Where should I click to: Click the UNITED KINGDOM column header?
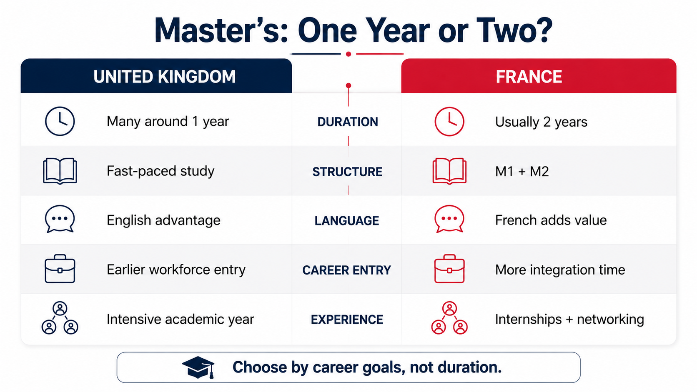tap(164, 77)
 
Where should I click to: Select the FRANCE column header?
tap(529, 77)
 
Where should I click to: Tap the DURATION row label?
tap(348, 122)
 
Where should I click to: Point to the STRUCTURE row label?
tap(347, 172)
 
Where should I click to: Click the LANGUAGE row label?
tap(347, 221)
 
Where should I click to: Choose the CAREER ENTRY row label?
tap(347, 270)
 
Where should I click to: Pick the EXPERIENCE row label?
tap(347, 320)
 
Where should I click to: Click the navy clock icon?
tap(60, 121)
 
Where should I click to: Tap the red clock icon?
tap(449, 122)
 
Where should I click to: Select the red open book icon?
tap(449, 171)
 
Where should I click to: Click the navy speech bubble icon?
tap(60, 219)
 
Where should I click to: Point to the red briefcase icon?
tap(449, 269)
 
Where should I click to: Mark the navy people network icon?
tap(60, 318)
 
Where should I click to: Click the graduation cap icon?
tap(198, 367)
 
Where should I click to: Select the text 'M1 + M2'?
tap(522, 171)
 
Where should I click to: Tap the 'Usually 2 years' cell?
tap(541, 122)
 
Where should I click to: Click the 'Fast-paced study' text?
tap(160, 171)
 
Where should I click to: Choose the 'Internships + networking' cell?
tap(569, 319)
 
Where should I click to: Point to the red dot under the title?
tap(348, 54)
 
